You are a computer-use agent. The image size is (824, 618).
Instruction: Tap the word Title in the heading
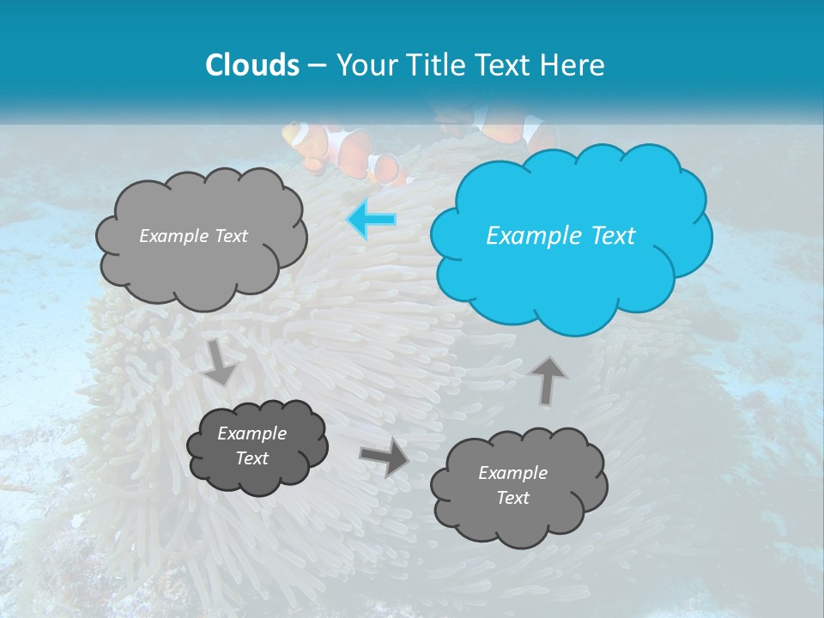point(435,65)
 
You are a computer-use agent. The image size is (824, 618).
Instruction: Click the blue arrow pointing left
point(372,220)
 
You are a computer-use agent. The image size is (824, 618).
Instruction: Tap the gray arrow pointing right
point(385,457)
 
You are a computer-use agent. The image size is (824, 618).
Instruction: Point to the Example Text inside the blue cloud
point(560,236)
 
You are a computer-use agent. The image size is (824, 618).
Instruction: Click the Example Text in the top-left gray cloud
point(193,236)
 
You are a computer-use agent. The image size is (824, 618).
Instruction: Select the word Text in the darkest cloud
point(252,458)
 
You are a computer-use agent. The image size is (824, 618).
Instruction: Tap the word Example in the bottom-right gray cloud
point(512,473)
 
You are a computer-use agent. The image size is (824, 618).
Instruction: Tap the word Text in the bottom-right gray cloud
point(512,498)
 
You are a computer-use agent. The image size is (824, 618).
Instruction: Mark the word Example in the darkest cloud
point(252,433)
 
